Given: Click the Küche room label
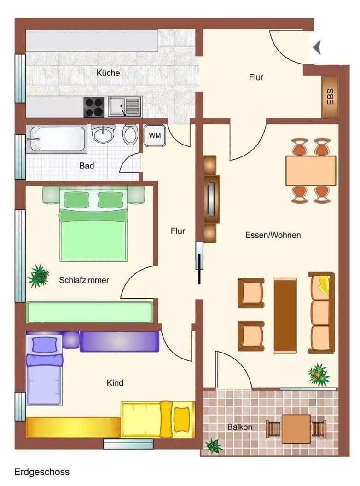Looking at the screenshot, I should click(108, 73).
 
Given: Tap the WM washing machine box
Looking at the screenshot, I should click(155, 136).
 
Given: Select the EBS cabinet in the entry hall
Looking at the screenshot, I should click(330, 97).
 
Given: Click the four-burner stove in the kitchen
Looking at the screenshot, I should click(94, 107).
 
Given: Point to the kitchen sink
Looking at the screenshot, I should click(125, 107).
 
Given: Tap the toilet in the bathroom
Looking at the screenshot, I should click(131, 135).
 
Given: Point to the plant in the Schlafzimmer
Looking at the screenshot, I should click(38, 276).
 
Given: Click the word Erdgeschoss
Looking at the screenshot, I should click(42, 472).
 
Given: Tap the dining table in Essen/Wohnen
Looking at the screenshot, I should click(311, 170).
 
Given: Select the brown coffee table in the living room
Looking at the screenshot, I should click(285, 315).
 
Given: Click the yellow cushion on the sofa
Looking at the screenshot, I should click(325, 285).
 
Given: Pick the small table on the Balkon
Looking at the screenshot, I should click(296, 428).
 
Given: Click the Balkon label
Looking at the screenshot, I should click(239, 427).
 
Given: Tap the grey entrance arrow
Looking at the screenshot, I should click(317, 47).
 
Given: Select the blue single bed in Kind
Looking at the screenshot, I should click(44, 370).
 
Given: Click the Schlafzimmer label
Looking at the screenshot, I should click(84, 279).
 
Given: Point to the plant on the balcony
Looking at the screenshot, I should click(214, 445).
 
